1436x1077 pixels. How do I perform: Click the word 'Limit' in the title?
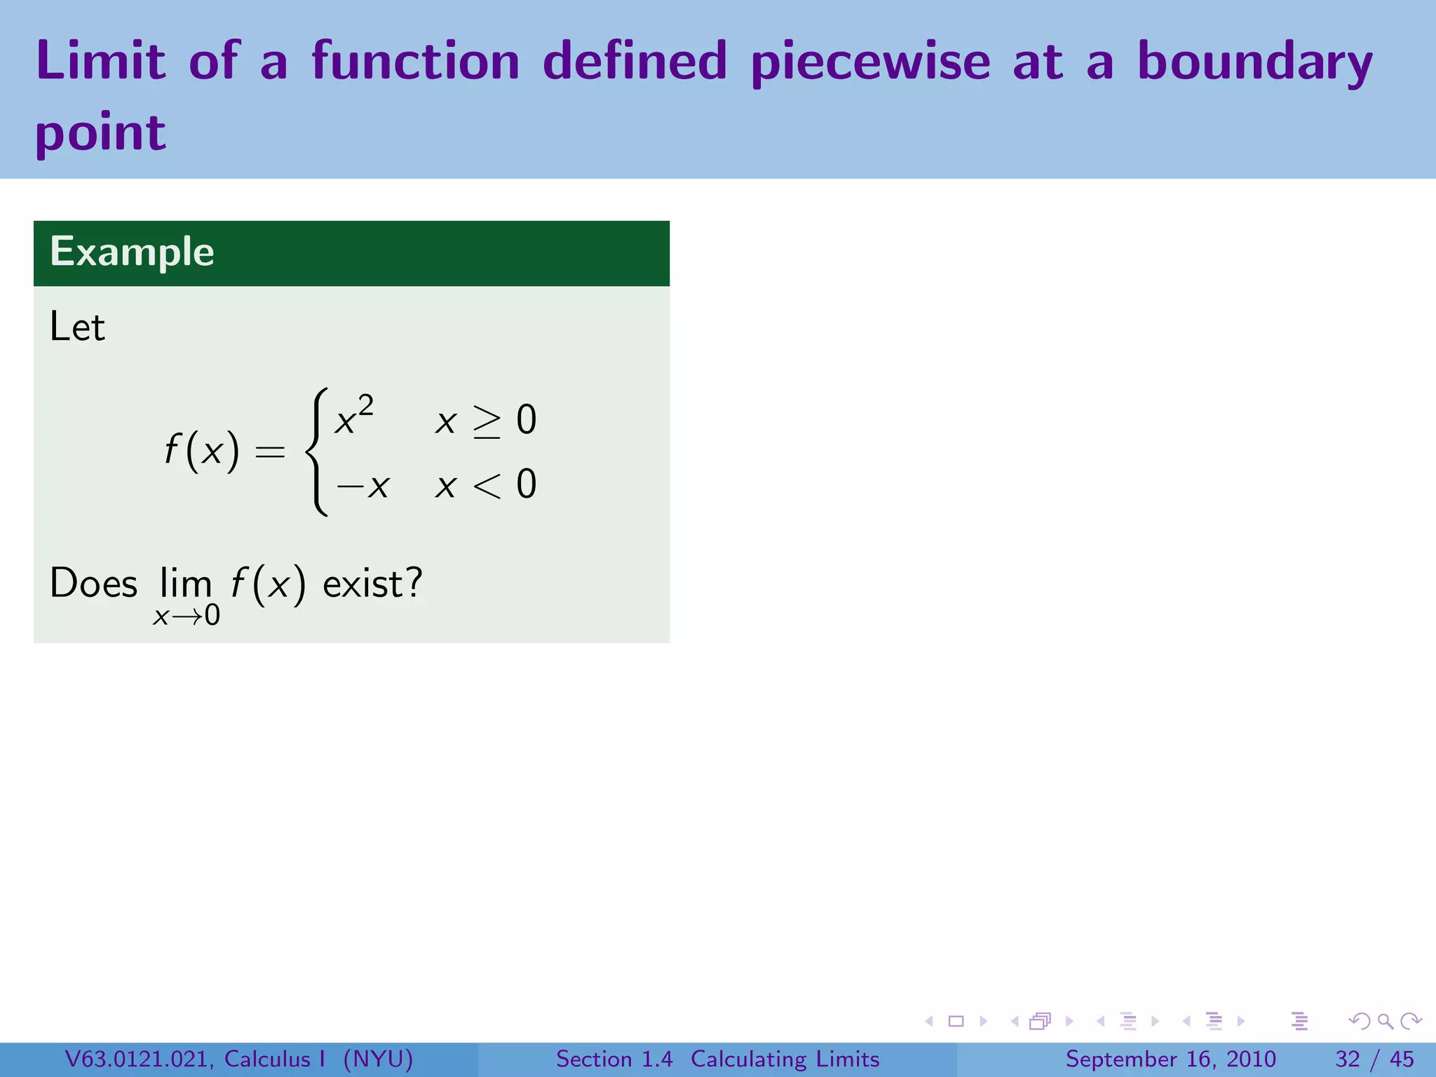click(x=101, y=60)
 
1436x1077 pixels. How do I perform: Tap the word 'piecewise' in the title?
click(x=870, y=62)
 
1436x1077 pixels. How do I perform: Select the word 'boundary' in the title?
click(x=1254, y=62)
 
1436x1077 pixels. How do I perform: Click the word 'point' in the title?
click(x=100, y=133)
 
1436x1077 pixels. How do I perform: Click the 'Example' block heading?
click(x=132, y=252)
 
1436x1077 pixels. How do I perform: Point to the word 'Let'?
click(x=77, y=327)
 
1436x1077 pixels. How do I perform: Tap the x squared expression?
click(x=353, y=416)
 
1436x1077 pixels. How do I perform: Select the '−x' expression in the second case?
click(x=363, y=485)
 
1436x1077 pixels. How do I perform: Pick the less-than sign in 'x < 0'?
click(x=487, y=485)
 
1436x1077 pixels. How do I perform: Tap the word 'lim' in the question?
click(x=185, y=583)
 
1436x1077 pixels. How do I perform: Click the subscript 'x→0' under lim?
click(x=187, y=616)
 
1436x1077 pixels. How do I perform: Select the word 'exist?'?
click(x=372, y=583)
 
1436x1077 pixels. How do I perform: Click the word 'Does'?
click(x=93, y=583)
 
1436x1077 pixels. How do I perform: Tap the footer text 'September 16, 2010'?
click(x=1170, y=1059)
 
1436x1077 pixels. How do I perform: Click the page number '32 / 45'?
click(x=1374, y=1059)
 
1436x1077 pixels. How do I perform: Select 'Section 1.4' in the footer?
click(x=614, y=1059)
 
